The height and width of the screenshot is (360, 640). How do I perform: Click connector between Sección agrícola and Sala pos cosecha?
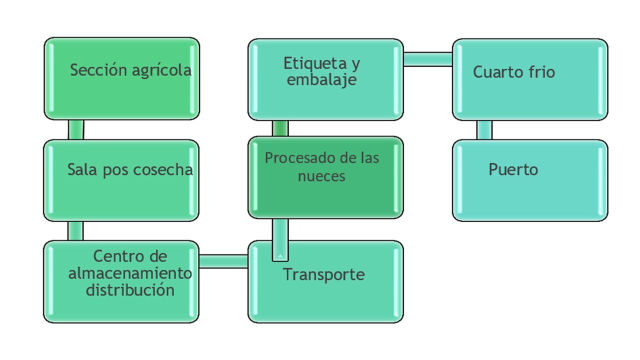(x=76, y=129)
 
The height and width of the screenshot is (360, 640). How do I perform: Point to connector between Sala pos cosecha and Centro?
(x=75, y=231)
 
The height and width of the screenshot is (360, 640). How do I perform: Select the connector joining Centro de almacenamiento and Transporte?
(x=223, y=261)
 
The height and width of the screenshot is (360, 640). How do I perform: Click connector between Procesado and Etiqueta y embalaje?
(x=280, y=128)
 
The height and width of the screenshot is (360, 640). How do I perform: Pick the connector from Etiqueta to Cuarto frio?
(x=428, y=59)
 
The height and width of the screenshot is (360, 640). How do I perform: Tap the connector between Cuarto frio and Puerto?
(x=484, y=130)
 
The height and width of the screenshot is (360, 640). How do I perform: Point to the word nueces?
(x=321, y=176)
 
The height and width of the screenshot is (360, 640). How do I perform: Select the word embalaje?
(x=321, y=80)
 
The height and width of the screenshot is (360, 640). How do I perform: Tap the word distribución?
(x=130, y=290)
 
